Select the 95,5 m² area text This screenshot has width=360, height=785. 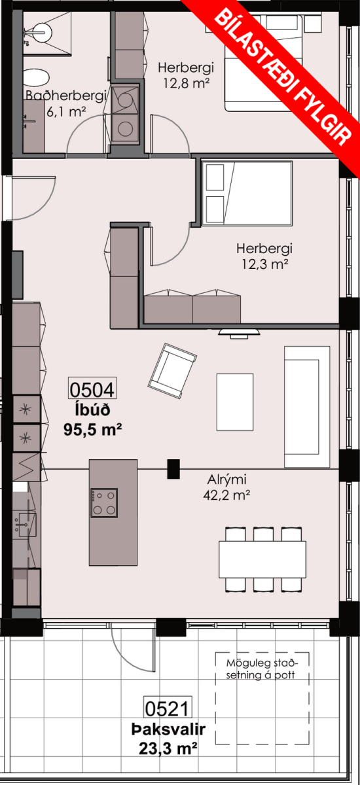tap(93, 429)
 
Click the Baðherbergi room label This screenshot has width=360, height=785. tap(66, 96)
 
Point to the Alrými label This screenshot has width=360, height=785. tap(226, 479)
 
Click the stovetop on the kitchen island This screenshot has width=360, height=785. tap(104, 503)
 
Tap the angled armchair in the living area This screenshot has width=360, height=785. tap(172, 371)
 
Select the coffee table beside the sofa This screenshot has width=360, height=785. tap(235, 402)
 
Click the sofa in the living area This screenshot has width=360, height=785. tap(307, 407)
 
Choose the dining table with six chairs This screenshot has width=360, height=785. tap(262, 560)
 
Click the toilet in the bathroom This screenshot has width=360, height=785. tap(36, 77)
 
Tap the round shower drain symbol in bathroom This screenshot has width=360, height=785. tap(41, 33)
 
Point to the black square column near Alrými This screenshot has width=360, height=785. tap(173, 469)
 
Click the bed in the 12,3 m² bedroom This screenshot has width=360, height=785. tap(247, 193)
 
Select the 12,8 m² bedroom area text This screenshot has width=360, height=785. tap(187, 83)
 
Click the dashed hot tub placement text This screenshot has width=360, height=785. tap(261, 669)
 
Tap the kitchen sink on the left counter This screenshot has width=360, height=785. tap(26, 525)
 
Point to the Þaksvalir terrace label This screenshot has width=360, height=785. tap(168, 730)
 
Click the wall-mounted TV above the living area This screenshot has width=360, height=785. tap(240, 333)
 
